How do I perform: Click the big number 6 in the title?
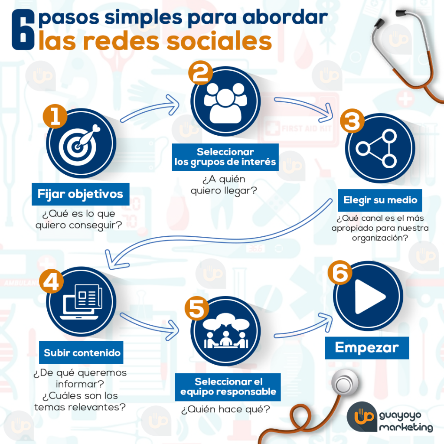click(23, 30)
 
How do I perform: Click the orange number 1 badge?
click(55, 116)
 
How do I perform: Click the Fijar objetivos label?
click(80, 194)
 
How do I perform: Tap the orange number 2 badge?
click(200, 73)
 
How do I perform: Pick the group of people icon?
click(225, 102)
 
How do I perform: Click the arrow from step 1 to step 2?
click(150, 109)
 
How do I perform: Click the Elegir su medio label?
click(380, 200)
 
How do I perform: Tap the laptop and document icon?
click(81, 301)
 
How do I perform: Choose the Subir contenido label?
click(81, 353)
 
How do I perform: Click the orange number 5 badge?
click(197, 308)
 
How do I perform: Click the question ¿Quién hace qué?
click(225, 409)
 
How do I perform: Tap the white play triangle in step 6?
click(370, 297)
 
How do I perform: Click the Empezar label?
click(367, 348)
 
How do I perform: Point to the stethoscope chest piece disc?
click(344, 383)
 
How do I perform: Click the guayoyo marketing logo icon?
click(362, 417)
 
